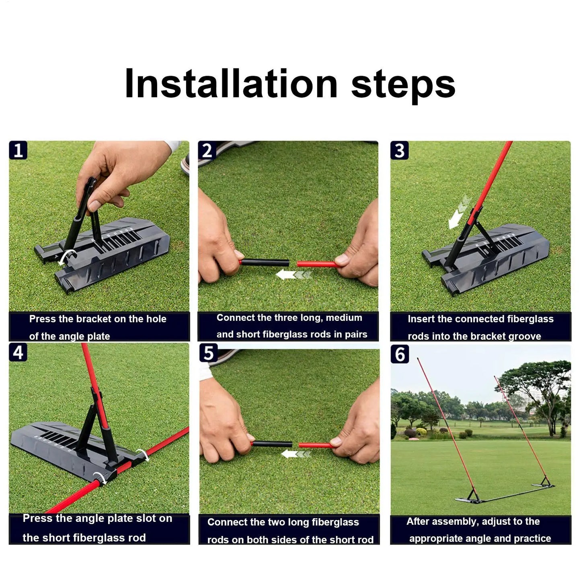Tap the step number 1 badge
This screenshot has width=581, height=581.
(x=18, y=150)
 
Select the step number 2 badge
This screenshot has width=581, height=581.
(x=207, y=150)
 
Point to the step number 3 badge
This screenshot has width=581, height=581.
(x=399, y=150)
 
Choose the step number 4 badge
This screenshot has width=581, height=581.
(x=18, y=352)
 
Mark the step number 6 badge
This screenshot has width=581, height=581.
(x=400, y=354)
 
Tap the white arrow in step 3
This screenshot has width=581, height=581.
(x=458, y=212)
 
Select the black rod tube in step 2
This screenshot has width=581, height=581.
(x=265, y=263)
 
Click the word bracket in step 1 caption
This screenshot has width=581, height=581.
(x=94, y=319)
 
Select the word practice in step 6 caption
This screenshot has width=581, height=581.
(x=532, y=538)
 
